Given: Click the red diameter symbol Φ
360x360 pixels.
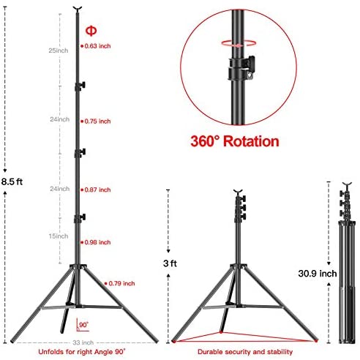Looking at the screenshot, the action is pyautogui.click(x=91, y=31).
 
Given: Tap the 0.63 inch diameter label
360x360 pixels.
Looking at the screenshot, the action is pyautogui.click(x=97, y=46).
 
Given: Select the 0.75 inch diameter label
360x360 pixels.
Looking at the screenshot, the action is pyautogui.click(x=97, y=121).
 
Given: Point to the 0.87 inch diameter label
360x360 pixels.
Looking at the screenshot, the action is pyautogui.click(x=97, y=190).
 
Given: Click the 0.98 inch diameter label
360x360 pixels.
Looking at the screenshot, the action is pyautogui.click(x=97, y=242).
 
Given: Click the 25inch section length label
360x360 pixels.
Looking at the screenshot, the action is pyautogui.click(x=59, y=50).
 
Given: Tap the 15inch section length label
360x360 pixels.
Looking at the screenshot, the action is pyautogui.click(x=59, y=236).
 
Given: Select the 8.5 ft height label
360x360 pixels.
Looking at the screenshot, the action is pyautogui.click(x=12, y=181).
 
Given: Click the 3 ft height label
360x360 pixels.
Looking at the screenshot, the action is pyautogui.click(x=170, y=263).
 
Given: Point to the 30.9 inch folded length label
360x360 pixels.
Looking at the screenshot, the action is pyautogui.click(x=318, y=274).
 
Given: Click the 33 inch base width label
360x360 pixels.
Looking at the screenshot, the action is pyautogui.click(x=83, y=342).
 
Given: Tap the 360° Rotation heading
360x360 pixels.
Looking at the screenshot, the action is pyautogui.click(x=235, y=141).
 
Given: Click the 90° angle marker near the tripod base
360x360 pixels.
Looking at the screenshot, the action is pyautogui.click(x=83, y=325).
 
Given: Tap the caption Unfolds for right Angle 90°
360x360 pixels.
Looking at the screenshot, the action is pyautogui.click(x=82, y=352).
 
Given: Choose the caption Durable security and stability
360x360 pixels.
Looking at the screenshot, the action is pyautogui.click(x=245, y=352).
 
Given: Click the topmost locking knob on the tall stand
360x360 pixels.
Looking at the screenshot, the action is pyautogui.click(x=80, y=86).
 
